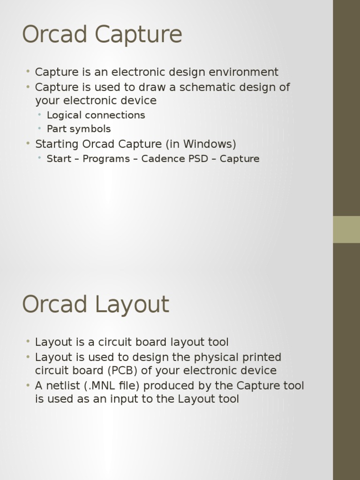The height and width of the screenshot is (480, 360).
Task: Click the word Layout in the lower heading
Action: (132, 305)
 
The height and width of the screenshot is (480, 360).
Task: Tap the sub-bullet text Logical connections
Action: (96, 115)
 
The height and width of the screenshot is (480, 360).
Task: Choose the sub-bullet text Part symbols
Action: (79, 129)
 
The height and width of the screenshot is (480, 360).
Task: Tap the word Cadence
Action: (164, 159)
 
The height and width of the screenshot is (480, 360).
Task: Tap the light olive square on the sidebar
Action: (346, 229)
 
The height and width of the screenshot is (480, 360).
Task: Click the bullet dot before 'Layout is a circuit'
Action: (28, 342)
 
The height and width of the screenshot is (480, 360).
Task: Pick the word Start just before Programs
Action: (58, 159)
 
